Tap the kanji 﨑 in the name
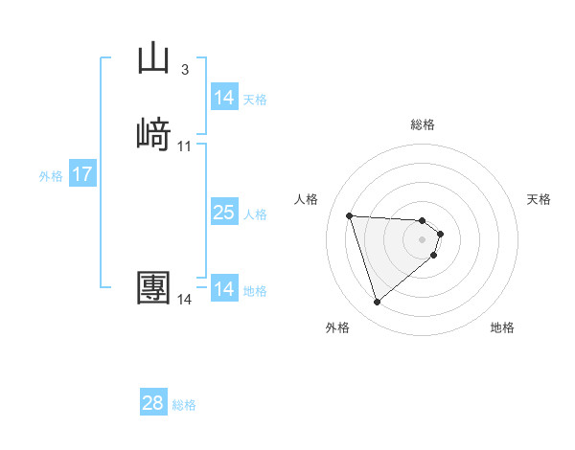click(x=153, y=133)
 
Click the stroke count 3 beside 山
click(x=184, y=69)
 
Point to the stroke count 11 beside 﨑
click(x=184, y=146)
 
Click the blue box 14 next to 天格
click(x=223, y=98)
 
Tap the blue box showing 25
click(x=223, y=213)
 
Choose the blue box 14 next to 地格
click(x=223, y=289)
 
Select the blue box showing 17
click(x=81, y=174)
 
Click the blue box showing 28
click(x=153, y=403)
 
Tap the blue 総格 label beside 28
click(x=184, y=405)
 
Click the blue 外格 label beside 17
click(x=51, y=176)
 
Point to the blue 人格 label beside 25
click(x=256, y=214)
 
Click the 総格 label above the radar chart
click(x=423, y=124)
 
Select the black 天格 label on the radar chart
click(x=539, y=199)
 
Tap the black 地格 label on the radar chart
click(x=502, y=327)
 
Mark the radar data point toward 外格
click(x=378, y=303)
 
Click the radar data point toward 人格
click(x=350, y=215)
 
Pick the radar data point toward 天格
click(x=440, y=234)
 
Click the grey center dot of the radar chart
click(x=423, y=239)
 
